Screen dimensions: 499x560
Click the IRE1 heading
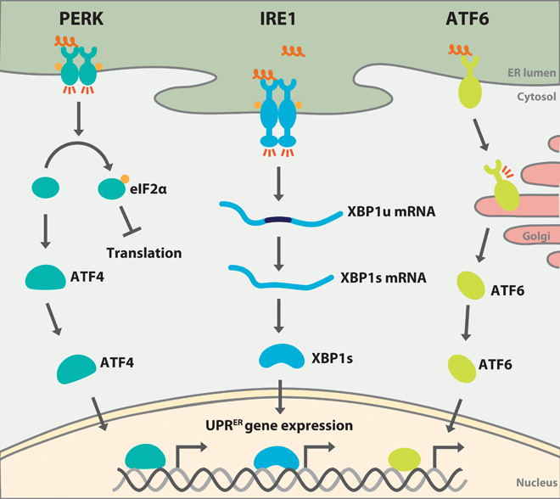(279, 17)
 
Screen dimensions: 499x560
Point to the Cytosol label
(535, 97)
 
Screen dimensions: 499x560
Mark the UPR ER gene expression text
(279, 423)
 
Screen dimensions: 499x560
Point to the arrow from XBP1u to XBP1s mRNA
(279, 245)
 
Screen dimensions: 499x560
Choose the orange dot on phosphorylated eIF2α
(124, 177)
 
